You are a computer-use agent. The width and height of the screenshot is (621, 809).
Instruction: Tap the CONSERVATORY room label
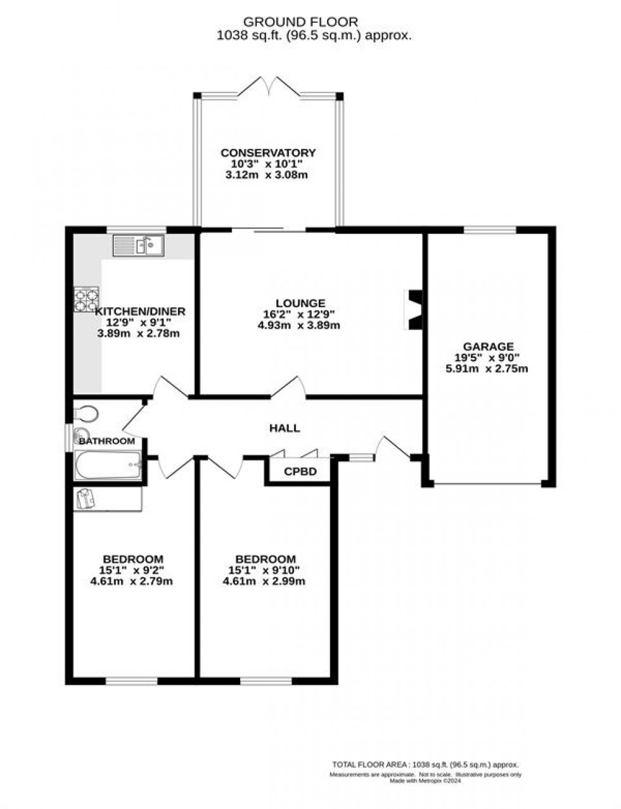tap(267, 153)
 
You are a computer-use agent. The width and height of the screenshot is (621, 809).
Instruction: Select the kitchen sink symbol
tap(138, 245)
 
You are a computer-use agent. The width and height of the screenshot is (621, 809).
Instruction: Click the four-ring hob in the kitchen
tap(86, 300)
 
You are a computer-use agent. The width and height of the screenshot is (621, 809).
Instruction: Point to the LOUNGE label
tap(300, 303)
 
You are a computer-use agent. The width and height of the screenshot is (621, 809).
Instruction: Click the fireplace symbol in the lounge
tap(414, 310)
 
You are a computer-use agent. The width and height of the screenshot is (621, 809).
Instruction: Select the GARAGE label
tap(488, 347)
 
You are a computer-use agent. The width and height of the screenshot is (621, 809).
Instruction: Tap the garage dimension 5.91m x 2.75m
tap(487, 369)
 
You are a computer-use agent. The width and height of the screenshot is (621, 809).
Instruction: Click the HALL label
tap(285, 428)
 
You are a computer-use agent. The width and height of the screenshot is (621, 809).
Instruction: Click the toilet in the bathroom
tap(86, 414)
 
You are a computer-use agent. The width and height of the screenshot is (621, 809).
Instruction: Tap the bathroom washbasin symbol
tap(81, 436)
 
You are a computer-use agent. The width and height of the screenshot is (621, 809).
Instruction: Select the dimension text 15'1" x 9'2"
tap(132, 570)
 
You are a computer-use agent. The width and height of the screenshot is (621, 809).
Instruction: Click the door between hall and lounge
tap(289, 387)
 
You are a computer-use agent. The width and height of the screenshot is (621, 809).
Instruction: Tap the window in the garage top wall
tap(490, 229)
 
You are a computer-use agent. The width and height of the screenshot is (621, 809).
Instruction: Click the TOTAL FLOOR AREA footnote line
tap(425, 765)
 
